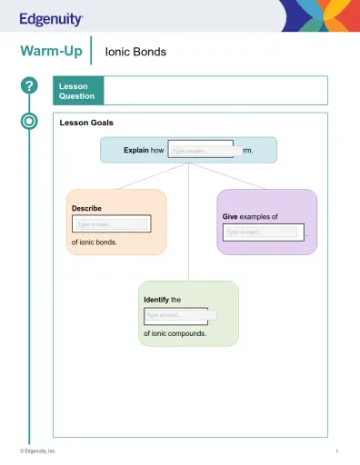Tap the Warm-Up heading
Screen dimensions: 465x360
tap(51, 52)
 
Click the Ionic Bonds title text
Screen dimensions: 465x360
tap(135, 52)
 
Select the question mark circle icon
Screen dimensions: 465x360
tap(29, 85)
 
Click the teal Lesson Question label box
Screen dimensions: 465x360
tap(78, 91)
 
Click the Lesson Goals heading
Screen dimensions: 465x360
tap(86, 123)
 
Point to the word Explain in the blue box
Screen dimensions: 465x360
tap(136, 150)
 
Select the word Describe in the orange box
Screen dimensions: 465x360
tap(86, 208)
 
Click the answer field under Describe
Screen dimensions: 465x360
tap(112, 223)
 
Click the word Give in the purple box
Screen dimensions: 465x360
tap(230, 217)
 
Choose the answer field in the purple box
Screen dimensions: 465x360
tap(262, 232)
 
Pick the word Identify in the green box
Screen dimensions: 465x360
tap(156, 299)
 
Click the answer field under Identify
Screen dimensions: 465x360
tap(176, 315)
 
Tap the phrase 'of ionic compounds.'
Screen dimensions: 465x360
tap(175, 333)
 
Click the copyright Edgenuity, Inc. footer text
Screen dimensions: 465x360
tap(38, 451)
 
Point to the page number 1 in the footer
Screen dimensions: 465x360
tap(336, 451)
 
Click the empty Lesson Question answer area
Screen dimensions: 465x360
tap(215, 91)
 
